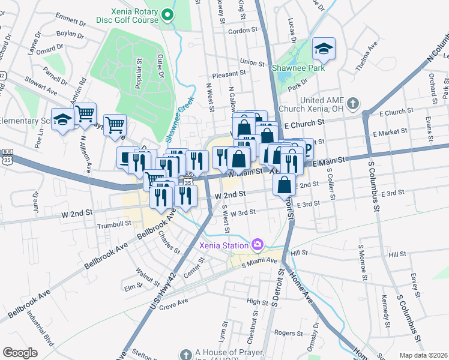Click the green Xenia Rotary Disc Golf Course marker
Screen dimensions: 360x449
pyautogui.click(x=169, y=15)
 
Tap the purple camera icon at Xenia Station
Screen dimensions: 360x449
pyautogui.click(x=258, y=244)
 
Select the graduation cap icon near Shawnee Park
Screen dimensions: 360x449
pyautogui.click(x=324, y=49)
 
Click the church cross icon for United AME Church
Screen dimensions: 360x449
pyautogui.click(x=352, y=104)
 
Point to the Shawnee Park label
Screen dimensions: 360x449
pyautogui.click(x=300, y=68)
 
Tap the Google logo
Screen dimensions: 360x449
pyautogui.click(x=20, y=353)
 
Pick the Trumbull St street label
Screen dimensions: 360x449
pyautogui.click(x=114, y=224)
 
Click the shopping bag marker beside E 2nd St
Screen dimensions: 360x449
pyautogui.click(x=285, y=185)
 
